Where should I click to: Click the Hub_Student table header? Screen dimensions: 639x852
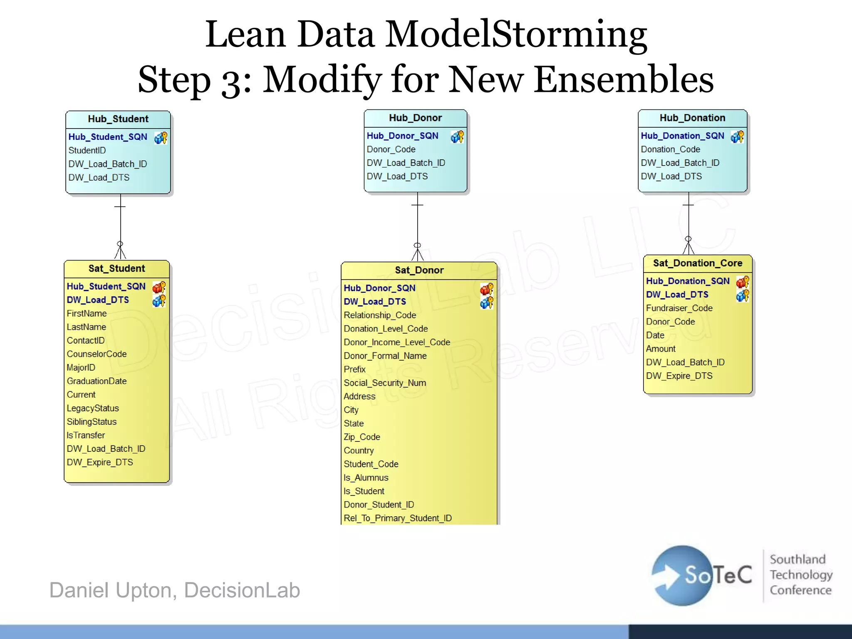point(118,119)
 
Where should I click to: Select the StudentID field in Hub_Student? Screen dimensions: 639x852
point(87,150)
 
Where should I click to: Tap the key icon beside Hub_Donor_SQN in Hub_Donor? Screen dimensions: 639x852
point(457,136)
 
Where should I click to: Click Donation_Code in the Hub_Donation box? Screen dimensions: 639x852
point(670,149)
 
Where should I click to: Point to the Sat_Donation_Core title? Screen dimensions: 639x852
point(697,263)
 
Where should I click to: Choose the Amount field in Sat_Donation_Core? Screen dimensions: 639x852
point(660,349)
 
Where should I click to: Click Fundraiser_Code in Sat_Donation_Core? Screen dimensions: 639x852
point(679,308)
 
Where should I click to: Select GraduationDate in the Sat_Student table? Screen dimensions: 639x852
point(97,381)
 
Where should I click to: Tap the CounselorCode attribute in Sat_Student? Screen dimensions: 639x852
point(97,354)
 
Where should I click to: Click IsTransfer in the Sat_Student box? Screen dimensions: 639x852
point(86,435)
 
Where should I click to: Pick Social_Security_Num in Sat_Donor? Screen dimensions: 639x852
point(384,383)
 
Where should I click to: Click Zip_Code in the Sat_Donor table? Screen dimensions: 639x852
point(362,437)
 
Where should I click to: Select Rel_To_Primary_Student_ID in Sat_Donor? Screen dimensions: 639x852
point(397,518)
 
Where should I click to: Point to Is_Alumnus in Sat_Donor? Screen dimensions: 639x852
point(366,478)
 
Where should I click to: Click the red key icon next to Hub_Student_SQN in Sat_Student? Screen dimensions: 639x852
point(159,287)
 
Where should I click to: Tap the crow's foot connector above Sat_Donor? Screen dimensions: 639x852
point(417,253)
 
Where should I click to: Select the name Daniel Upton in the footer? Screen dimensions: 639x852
point(109,590)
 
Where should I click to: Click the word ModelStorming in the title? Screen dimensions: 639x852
point(516,34)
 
